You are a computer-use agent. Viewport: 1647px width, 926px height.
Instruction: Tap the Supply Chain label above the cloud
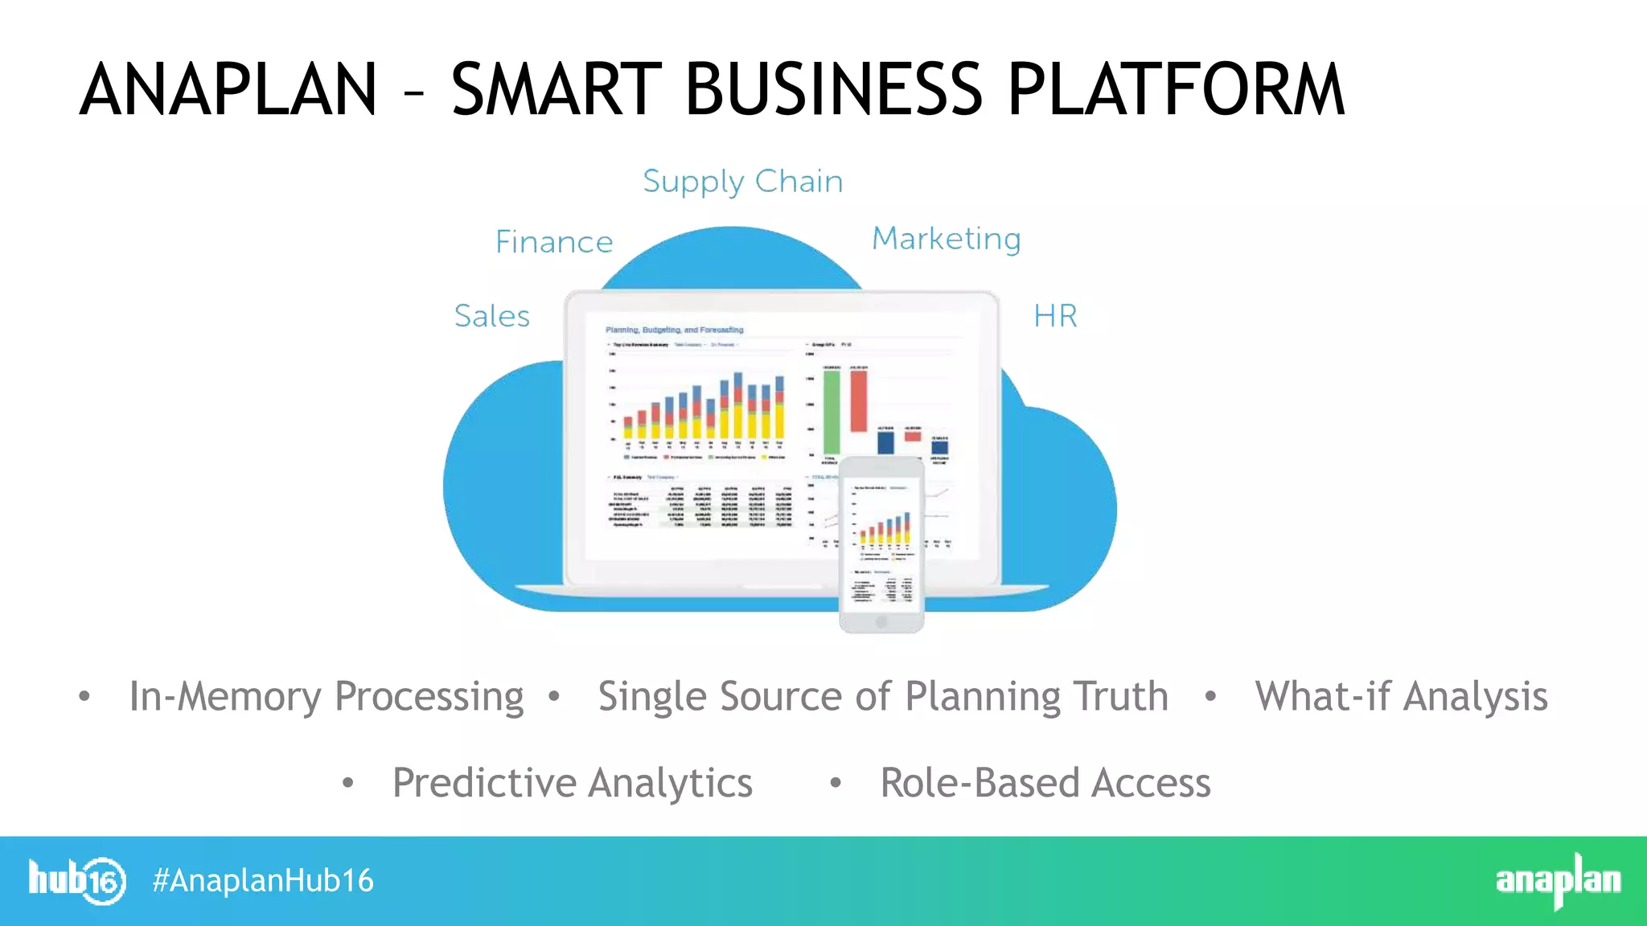tap(742, 182)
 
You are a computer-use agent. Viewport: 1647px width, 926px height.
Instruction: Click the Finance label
tap(554, 242)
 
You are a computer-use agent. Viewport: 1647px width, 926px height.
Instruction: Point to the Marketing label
tap(947, 239)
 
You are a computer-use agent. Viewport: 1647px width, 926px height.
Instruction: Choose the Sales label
tap(492, 316)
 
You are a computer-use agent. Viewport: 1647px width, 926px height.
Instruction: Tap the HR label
tap(1055, 316)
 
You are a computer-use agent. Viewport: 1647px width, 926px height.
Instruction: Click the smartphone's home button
tap(881, 621)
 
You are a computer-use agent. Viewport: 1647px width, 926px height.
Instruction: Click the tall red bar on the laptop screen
tap(858, 399)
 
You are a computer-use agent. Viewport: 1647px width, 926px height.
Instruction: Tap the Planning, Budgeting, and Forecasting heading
tap(674, 330)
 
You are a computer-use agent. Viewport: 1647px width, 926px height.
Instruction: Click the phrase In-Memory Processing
tap(327, 696)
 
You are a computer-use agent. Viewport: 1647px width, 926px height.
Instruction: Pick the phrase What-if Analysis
tap(1401, 696)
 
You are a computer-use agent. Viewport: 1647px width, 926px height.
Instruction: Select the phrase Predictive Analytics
tap(572, 783)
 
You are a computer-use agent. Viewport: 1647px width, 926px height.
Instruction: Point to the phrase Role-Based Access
tap(1045, 783)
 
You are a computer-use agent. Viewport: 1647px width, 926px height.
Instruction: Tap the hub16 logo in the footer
tap(77, 881)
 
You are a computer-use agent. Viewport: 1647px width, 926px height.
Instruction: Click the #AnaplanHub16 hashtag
tap(263, 881)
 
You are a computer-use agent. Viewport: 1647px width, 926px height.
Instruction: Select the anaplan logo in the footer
tap(1558, 881)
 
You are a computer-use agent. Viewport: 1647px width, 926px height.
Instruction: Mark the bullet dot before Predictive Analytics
tap(347, 782)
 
